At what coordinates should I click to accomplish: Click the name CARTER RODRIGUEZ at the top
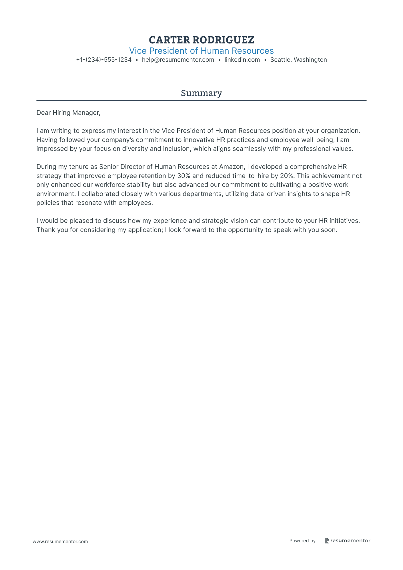point(201,40)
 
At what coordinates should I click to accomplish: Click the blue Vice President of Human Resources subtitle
point(201,51)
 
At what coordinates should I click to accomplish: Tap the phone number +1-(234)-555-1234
point(104,60)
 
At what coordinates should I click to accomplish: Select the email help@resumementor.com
point(178,60)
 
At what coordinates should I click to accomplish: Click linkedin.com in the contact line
point(242,60)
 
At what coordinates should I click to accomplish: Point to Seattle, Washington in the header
point(298,60)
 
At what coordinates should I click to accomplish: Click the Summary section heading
point(201,93)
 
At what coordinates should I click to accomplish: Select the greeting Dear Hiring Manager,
point(68,113)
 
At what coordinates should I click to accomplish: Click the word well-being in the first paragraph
point(316,140)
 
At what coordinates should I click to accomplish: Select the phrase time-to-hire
point(246,176)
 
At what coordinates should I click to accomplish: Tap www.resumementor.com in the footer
point(60,541)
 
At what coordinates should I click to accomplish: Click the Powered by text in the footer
point(302,541)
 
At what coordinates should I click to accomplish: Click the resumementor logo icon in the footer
point(327,541)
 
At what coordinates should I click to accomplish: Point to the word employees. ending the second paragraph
point(135,203)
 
